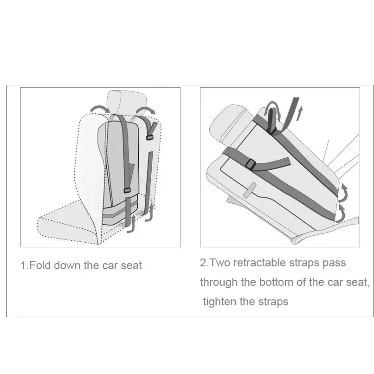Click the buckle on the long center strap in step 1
coord(127,190)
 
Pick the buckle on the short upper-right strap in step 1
coord(149,137)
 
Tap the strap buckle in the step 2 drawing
coord(251,164)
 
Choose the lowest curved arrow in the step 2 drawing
coord(341,215)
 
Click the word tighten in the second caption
coord(220,302)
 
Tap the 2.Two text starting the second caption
coord(215,263)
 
